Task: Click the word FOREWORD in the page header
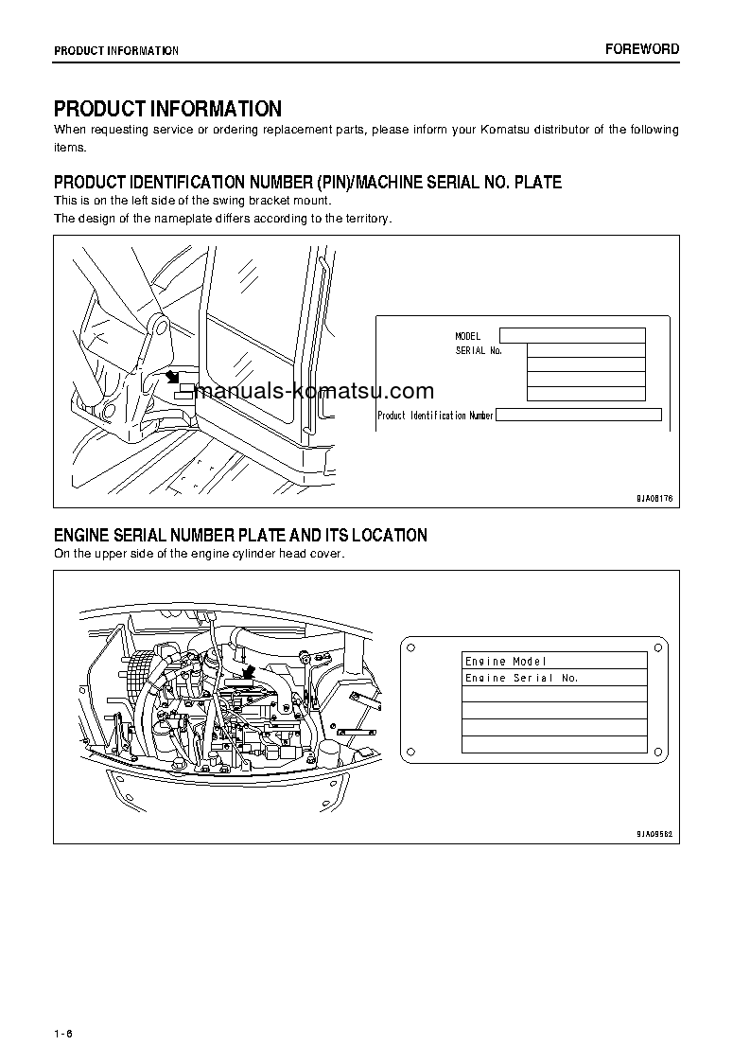[642, 49]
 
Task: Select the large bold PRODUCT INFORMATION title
[167, 109]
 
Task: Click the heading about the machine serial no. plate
[307, 183]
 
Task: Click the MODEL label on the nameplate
[467, 336]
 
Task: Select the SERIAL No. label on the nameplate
[478, 350]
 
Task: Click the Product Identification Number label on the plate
[435, 416]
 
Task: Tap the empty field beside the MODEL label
[572, 335]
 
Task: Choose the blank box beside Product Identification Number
[578, 415]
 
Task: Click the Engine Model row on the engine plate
[554, 661]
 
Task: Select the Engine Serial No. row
[554, 678]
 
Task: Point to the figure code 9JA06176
[653, 497]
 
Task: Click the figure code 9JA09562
[653, 833]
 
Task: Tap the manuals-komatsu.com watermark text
[312, 391]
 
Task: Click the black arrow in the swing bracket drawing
[172, 377]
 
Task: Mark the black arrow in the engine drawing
[248, 672]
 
